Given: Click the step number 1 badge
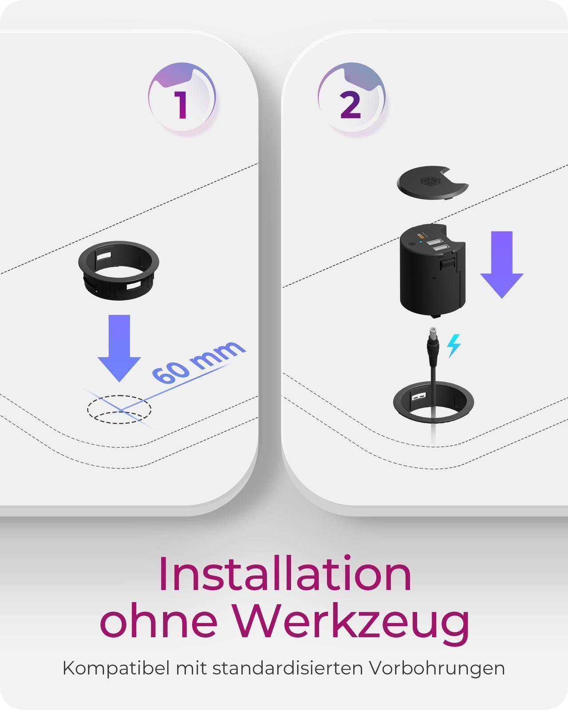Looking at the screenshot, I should point(181,98).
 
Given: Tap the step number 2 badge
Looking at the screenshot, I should point(351,98).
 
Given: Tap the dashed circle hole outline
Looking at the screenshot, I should point(119,409).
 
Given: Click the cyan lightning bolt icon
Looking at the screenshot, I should point(454,346).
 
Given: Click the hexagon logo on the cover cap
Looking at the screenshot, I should point(429,181).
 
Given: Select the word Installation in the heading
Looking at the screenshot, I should point(285,574).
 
